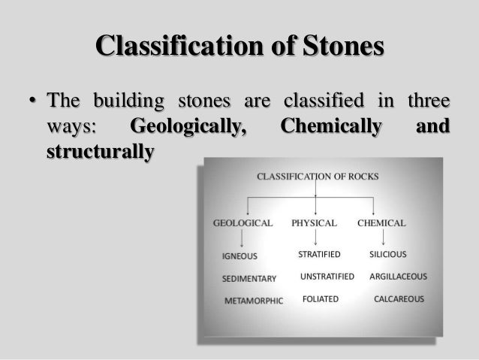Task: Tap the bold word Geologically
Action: click(189, 126)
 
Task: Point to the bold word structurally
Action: click(100, 150)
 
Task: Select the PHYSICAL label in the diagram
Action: click(315, 223)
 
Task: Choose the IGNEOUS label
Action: click(239, 256)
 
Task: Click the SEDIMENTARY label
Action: click(249, 278)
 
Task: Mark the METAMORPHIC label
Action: click(254, 301)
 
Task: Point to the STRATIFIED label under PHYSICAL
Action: click(319, 255)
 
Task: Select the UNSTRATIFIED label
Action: click(327, 277)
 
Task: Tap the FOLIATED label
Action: click(320, 298)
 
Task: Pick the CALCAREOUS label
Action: click(399, 298)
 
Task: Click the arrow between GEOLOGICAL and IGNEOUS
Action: click(240, 240)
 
